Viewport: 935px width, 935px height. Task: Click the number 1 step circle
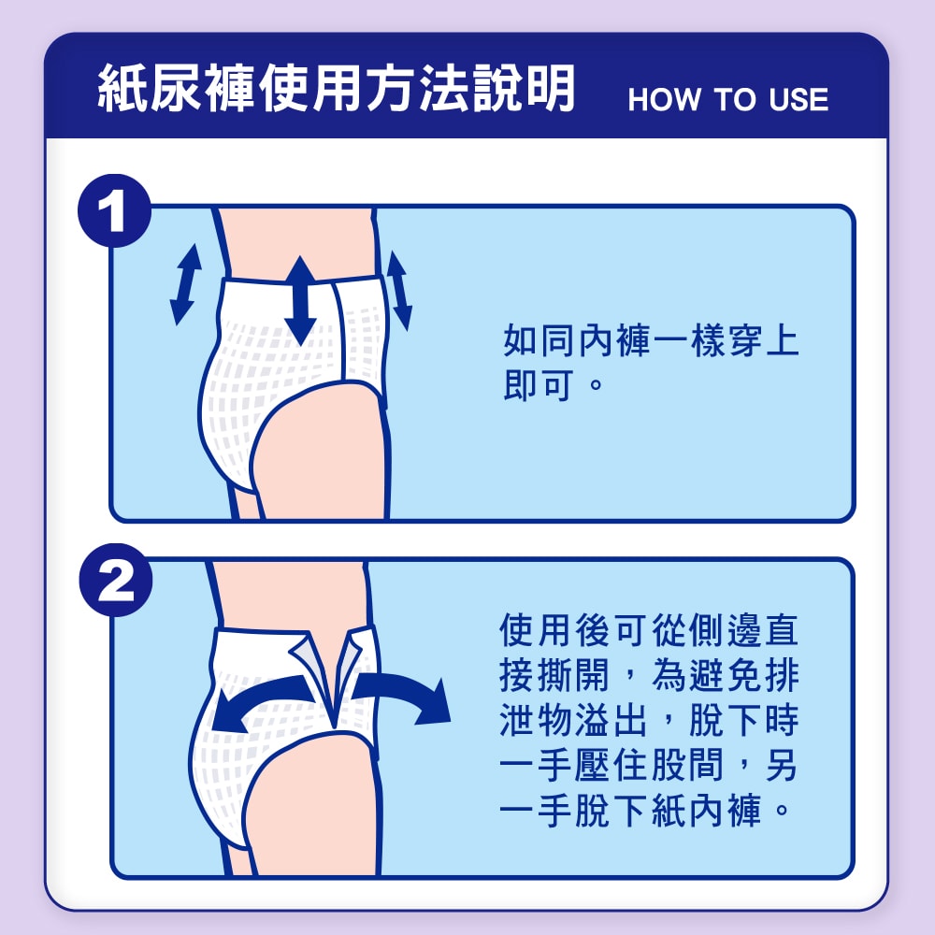point(114,210)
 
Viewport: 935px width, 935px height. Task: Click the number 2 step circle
point(116,580)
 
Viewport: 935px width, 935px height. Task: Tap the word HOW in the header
point(664,99)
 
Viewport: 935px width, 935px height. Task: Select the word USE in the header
point(798,99)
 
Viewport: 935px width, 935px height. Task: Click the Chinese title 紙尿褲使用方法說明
point(337,88)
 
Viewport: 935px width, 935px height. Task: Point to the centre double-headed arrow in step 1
point(300,300)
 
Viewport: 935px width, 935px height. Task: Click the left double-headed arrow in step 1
point(185,284)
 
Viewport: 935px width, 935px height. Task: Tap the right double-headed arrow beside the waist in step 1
point(399,291)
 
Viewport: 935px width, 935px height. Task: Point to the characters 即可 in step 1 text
point(539,385)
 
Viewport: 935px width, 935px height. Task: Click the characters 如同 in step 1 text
point(539,340)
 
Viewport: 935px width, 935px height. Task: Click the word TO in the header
point(735,99)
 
